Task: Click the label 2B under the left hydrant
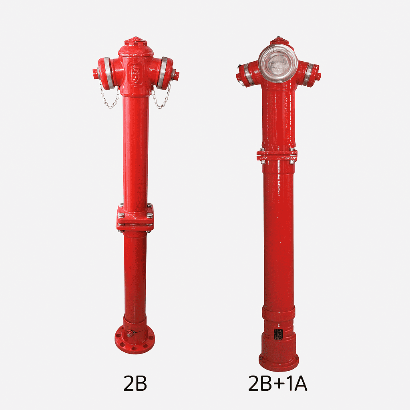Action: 135,383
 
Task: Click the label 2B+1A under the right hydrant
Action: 278,383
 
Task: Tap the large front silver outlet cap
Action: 278,63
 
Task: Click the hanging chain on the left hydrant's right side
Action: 162,95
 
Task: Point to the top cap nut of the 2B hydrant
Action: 135,41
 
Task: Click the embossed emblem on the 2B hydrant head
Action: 136,73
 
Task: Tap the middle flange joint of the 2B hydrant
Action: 135,217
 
